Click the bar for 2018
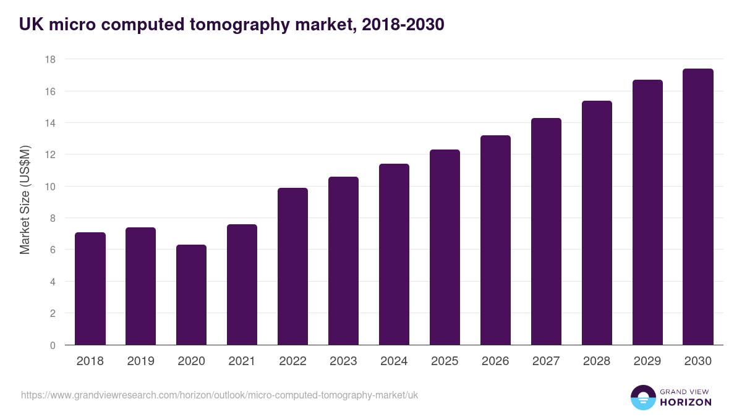pos(90,289)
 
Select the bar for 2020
pos(191,295)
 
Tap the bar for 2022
pos(292,266)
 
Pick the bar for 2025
pos(445,247)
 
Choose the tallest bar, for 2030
pos(698,207)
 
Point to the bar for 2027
pos(546,232)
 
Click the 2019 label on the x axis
pos(140,361)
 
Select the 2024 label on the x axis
pos(394,361)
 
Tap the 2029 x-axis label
pos(647,361)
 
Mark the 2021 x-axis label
pos(242,361)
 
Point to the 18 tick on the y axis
pos(50,59)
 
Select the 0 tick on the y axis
pos(53,345)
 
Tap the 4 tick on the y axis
pos(53,282)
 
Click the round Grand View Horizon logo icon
pos(643,398)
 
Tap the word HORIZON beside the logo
pos(686,402)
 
